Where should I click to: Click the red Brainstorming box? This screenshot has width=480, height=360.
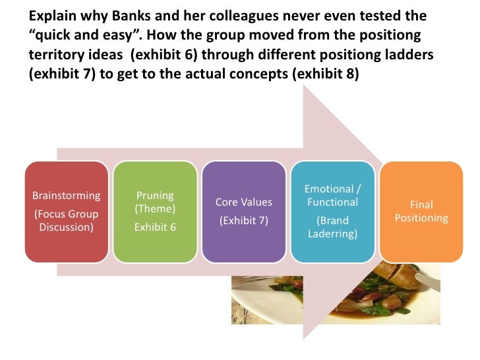66,212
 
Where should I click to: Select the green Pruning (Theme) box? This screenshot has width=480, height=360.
154,212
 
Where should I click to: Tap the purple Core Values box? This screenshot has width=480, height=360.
243,212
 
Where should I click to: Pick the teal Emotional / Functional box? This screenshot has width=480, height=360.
332,212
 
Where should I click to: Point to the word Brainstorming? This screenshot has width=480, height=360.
66,195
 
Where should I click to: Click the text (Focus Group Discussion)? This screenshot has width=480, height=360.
66,221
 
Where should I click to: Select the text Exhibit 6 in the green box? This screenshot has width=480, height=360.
154,228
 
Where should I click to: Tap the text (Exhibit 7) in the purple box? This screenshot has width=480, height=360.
243,220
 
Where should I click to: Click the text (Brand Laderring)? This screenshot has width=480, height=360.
332,227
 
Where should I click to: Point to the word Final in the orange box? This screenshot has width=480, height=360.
421,205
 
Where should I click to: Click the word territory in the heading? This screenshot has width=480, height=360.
57,55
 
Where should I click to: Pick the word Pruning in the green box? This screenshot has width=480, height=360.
154,195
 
